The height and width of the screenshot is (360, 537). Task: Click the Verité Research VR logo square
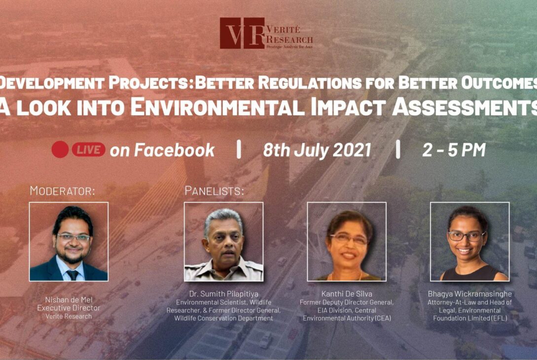click(x=242, y=33)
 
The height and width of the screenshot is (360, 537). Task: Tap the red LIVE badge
click(x=88, y=150)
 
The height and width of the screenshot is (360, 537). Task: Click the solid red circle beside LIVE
click(x=60, y=150)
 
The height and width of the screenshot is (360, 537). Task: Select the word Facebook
click(x=175, y=150)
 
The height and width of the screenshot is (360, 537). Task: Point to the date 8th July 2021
click(x=317, y=150)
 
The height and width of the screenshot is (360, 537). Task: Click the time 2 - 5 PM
click(x=454, y=150)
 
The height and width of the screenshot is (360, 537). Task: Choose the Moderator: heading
click(x=62, y=191)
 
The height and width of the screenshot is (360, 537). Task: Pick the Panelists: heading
click(x=215, y=191)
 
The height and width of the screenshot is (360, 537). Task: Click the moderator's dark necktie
click(x=72, y=275)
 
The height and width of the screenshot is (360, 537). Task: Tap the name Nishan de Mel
click(x=69, y=300)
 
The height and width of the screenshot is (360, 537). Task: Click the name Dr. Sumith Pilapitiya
click(x=224, y=294)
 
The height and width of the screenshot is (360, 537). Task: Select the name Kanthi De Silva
click(x=347, y=294)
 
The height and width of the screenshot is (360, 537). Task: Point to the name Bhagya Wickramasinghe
click(x=470, y=294)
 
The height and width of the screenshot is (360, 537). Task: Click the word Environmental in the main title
click(x=217, y=107)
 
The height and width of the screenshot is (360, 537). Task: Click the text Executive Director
click(x=69, y=308)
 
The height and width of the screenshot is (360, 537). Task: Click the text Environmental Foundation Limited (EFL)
click(x=470, y=315)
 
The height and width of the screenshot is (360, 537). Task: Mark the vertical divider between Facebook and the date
click(x=239, y=149)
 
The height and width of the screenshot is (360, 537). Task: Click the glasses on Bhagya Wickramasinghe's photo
click(x=466, y=236)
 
